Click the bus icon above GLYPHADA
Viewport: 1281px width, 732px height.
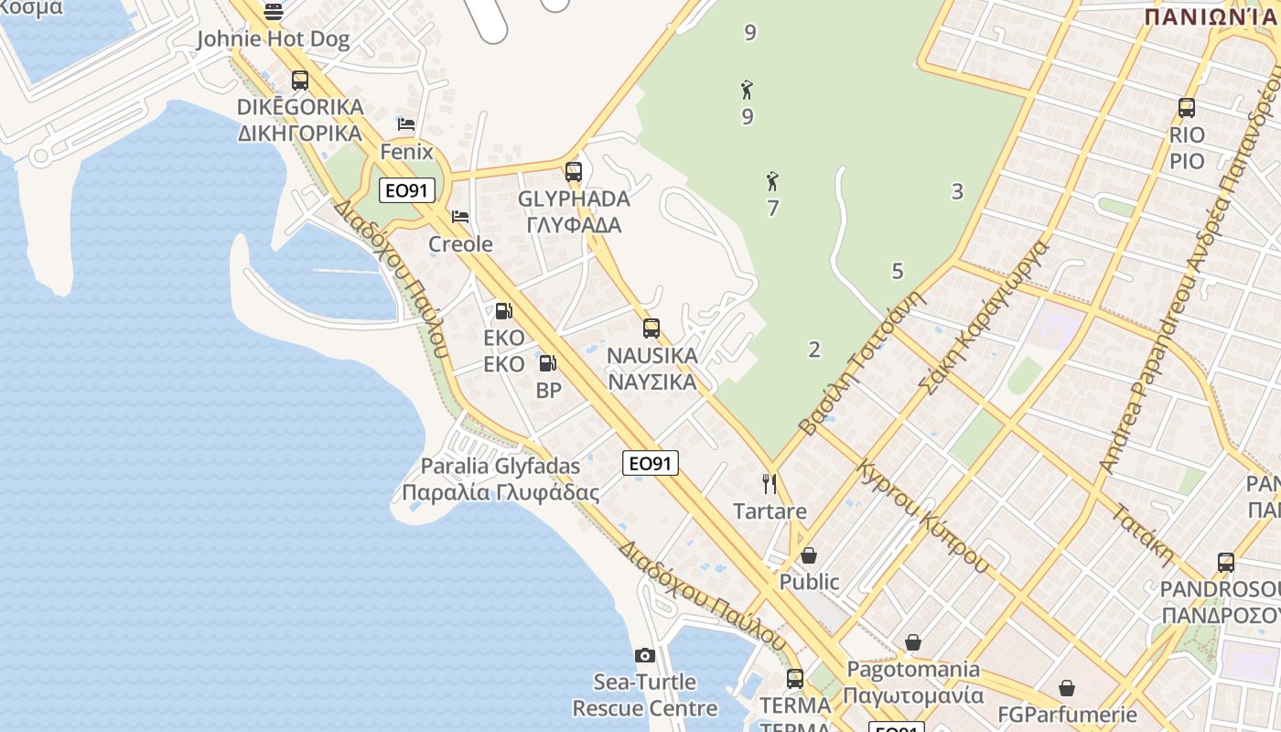point(574,171)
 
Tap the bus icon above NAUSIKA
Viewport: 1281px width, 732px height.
point(651,328)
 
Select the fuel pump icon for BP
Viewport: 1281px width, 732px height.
point(548,363)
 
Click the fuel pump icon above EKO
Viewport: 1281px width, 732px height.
point(503,311)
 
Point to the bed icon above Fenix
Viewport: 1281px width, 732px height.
point(406,124)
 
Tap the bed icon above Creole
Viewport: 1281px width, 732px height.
point(460,217)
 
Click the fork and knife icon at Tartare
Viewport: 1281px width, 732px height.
point(770,483)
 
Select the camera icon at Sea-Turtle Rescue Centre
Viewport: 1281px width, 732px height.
point(645,655)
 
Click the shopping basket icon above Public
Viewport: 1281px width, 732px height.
point(809,555)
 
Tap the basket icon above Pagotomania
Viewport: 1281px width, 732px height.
point(912,642)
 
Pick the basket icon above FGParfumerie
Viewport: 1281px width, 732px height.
point(1067,688)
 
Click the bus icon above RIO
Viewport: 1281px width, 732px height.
point(1187,108)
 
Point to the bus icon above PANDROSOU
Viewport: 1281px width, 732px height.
point(1226,562)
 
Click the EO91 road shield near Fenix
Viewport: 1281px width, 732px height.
point(407,190)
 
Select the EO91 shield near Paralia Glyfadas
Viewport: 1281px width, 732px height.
point(651,463)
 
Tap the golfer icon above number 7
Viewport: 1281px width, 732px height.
point(772,181)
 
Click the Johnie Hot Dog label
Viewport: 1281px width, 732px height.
point(274,39)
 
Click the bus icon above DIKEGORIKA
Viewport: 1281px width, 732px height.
point(300,81)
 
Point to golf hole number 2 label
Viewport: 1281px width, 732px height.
point(814,349)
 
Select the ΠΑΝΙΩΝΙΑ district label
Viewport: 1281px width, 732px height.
point(1210,16)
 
